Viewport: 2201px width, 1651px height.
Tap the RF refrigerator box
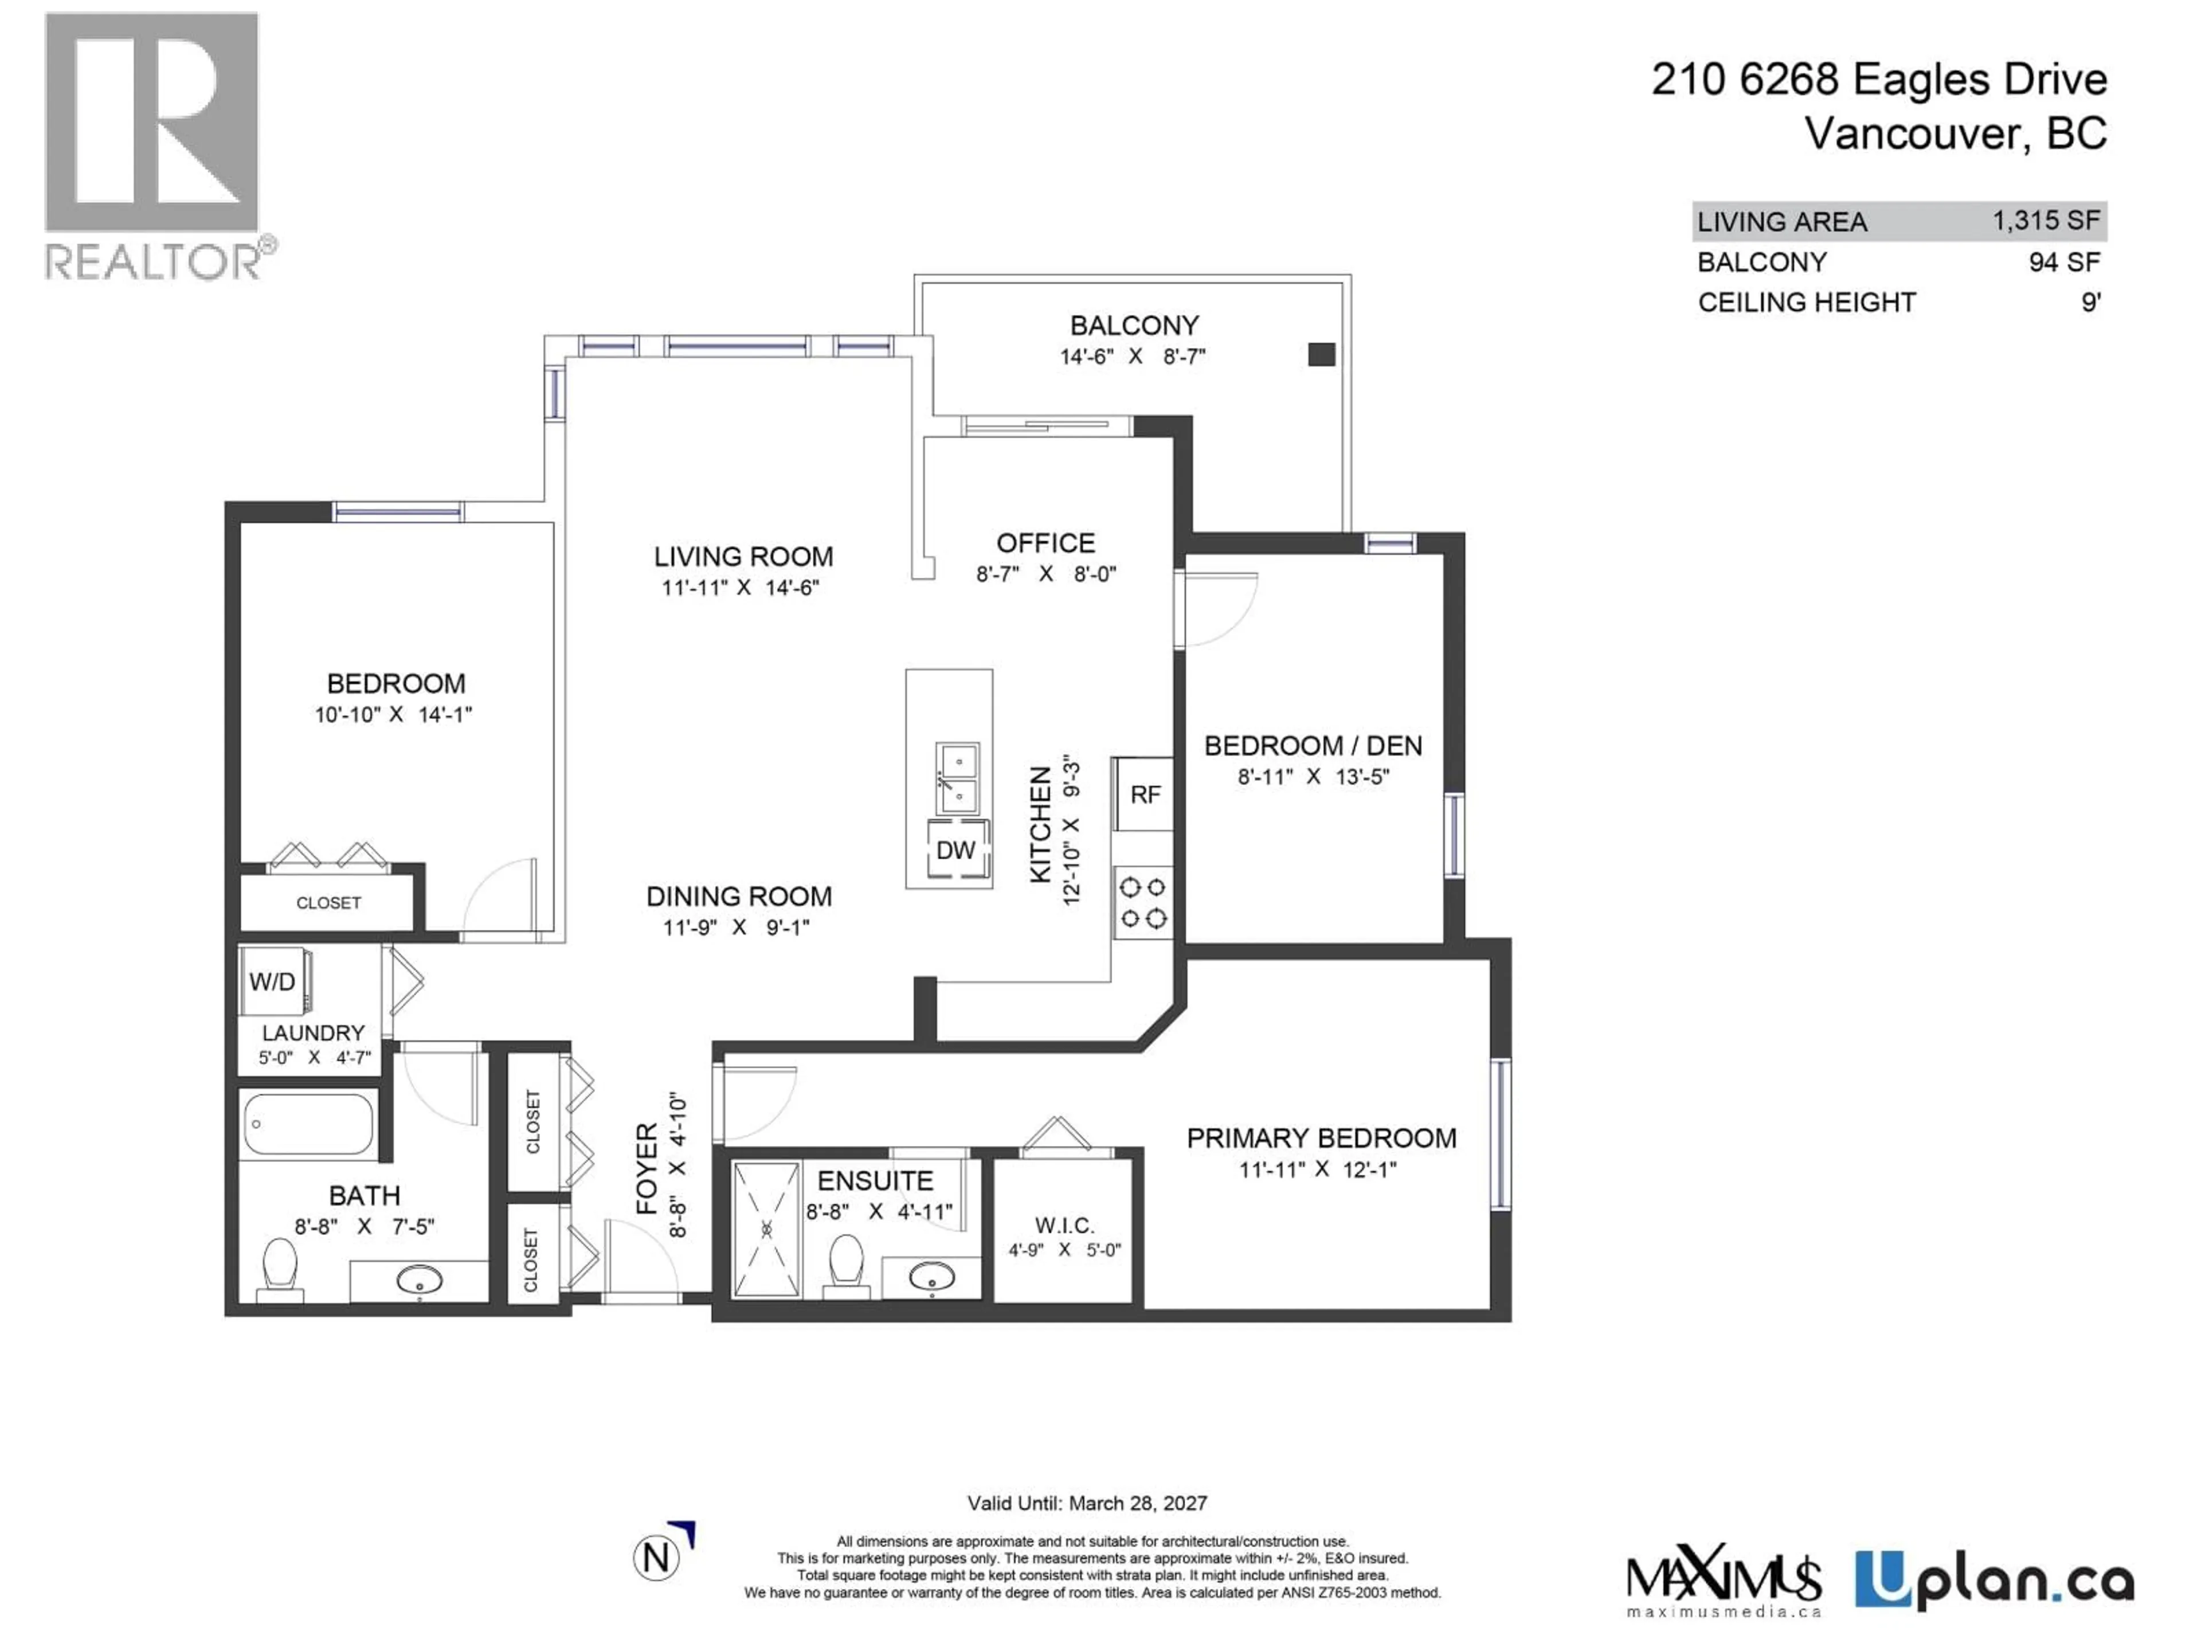pos(1144,794)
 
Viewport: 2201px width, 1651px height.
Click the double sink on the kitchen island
pos(957,778)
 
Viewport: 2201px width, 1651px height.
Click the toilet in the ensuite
pos(846,1264)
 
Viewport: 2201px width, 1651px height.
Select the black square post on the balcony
pos(1321,354)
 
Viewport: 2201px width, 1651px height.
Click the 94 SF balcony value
pos(2063,263)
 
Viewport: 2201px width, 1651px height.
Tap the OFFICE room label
pos(1046,543)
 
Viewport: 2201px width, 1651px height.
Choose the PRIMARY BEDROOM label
pos(1321,1137)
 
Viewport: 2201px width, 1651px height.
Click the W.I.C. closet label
pos(1064,1225)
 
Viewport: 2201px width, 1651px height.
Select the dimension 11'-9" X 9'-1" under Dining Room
pos(737,928)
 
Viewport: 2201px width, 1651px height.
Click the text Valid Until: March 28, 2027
pos(1087,1503)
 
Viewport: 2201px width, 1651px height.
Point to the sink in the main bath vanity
pos(419,1280)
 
